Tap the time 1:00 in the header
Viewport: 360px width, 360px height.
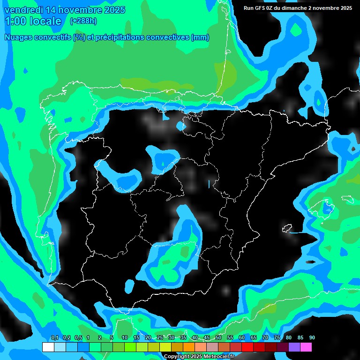point(15,21)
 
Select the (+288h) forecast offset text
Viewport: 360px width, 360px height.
point(83,21)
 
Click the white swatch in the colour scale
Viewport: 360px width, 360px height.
point(48,347)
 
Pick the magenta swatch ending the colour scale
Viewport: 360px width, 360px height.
point(306,347)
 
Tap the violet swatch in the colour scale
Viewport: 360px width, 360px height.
point(294,347)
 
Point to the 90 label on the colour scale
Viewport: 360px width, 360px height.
point(312,337)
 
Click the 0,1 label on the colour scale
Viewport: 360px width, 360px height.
point(55,337)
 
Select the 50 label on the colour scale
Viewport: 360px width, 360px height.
point(218,337)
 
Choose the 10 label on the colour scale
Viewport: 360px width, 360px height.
point(125,337)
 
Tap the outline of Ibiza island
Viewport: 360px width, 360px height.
point(287,229)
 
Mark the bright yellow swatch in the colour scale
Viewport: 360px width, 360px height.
point(165,347)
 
